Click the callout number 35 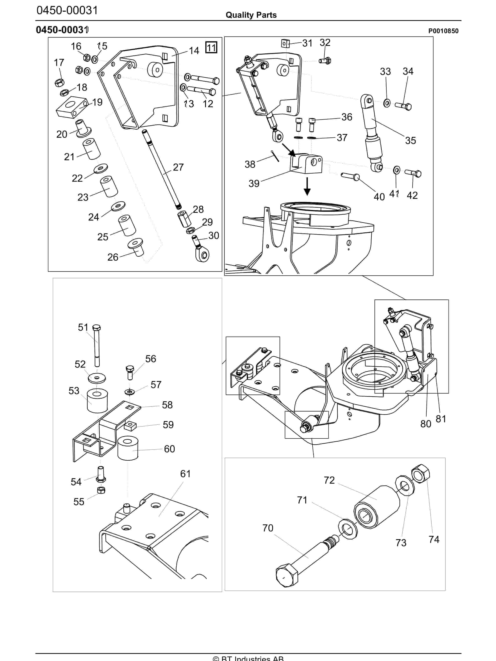pos(410,140)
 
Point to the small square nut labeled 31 pos(285,44)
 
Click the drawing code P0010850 pos(443,31)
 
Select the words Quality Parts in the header pos(251,15)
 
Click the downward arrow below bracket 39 pos(307,187)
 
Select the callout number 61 pos(185,474)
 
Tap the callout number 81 pos(441,419)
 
